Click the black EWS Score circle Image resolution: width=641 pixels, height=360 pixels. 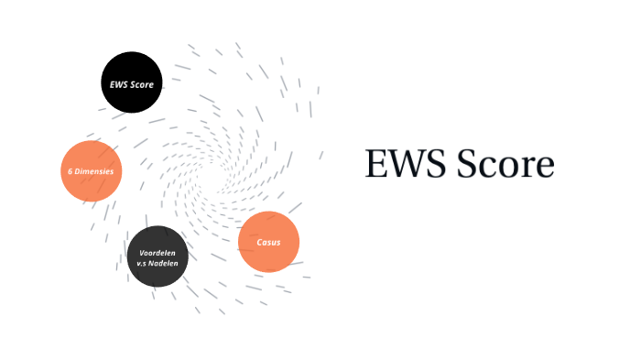pos(131,83)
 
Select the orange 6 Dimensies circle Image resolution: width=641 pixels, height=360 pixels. pos(92,171)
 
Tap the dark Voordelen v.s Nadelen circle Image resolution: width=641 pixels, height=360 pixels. pos(158,256)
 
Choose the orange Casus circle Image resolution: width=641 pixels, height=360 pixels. pos(268,242)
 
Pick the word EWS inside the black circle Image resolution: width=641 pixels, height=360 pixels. pos(119,84)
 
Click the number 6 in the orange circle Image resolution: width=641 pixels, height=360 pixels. pos(71,171)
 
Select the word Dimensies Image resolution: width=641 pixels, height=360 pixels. pos(95,171)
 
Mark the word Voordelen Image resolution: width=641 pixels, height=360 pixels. pos(158,252)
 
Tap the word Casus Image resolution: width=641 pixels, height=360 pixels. pos(268,243)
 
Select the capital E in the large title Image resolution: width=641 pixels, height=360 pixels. pos(375,166)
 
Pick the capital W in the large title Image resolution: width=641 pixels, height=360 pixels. pos(399,166)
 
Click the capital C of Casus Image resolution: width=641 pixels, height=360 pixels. pos(260,243)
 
